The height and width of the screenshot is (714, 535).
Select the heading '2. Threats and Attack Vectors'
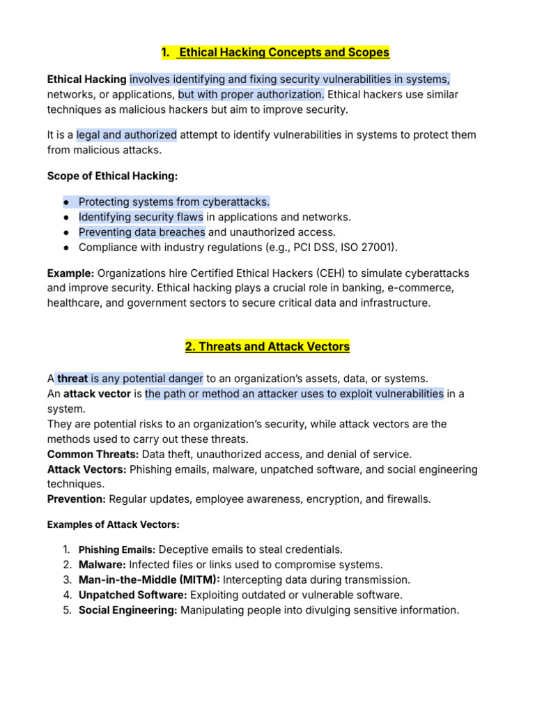267,347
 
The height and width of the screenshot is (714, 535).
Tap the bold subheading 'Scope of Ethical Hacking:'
112,176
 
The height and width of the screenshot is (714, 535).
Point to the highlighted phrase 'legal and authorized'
127,135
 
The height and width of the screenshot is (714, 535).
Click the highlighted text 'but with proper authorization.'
251,94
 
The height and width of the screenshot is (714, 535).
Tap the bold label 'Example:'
71,272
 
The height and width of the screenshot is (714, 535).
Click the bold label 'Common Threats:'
93,454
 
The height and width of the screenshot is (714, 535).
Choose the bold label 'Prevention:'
77,499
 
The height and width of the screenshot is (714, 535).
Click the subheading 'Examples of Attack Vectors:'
113,524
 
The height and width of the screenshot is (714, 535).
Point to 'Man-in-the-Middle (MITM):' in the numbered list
149,579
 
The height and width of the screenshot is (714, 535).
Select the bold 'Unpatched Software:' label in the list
133,595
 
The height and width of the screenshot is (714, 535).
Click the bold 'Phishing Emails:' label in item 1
117,549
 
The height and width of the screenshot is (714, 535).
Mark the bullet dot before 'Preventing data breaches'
65,232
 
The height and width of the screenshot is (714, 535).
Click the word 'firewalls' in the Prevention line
407,499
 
